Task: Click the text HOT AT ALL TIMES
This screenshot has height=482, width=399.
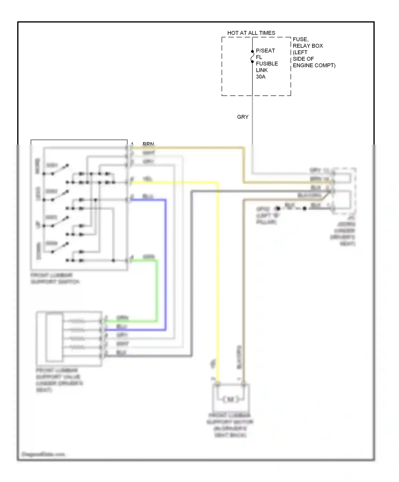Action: point(251,33)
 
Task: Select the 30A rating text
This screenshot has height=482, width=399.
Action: point(261,77)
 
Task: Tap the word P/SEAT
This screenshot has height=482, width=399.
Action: point(265,50)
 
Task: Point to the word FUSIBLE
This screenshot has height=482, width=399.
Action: point(267,64)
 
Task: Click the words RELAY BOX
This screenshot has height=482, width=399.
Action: point(308,46)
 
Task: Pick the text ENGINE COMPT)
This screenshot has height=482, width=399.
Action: point(314,65)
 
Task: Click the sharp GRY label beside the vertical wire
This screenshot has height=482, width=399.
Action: point(243,117)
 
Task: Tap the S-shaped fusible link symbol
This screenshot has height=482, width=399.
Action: point(252,57)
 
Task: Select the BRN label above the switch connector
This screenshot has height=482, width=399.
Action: point(148,144)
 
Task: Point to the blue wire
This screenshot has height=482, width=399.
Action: point(165,266)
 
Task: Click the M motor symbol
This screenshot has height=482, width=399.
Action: point(230,399)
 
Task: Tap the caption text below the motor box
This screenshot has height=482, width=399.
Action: point(230,425)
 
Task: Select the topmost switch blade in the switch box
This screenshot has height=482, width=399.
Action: point(61,170)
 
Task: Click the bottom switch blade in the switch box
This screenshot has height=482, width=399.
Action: point(61,247)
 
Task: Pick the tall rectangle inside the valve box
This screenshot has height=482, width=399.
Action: point(55,337)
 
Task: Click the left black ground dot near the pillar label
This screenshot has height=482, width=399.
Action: point(278,208)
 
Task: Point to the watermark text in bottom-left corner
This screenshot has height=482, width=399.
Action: point(43,454)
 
